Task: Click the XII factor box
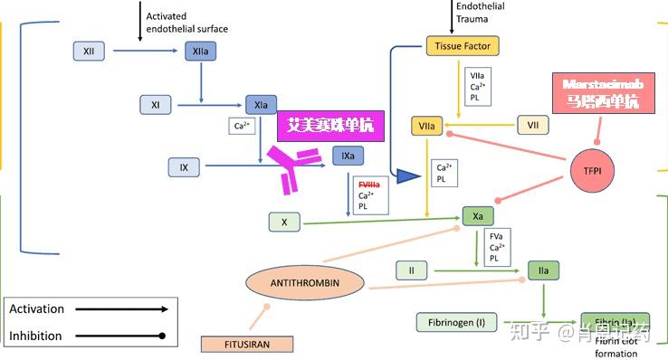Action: point(89,52)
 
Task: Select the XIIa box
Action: point(201,52)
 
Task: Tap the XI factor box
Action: point(156,106)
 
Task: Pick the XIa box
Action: point(261,106)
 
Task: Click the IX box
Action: point(184,167)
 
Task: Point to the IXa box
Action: point(348,156)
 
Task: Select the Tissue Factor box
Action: point(462,45)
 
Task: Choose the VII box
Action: point(533,125)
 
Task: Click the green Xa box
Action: point(478,216)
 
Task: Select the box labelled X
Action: point(284,222)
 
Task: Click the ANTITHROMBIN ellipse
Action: point(304,283)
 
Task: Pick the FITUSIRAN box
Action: point(247,344)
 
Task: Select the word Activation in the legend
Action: point(36,309)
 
